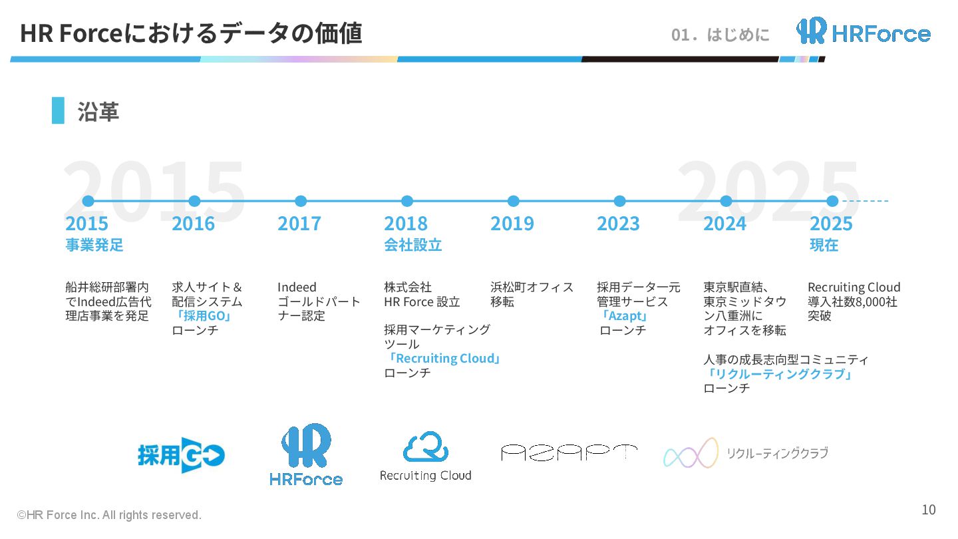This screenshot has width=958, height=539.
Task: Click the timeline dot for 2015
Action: [88, 201]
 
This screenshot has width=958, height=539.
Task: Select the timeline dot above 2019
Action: [513, 201]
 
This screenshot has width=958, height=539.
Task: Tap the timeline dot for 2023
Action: [619, 201]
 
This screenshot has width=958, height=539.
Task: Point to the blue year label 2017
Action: [299, 224]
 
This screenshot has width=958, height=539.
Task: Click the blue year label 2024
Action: [724, 224]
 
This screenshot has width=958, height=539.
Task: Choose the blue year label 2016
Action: [193, 224]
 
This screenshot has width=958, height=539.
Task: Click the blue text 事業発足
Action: [94, 245]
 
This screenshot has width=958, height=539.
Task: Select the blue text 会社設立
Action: [412, 245]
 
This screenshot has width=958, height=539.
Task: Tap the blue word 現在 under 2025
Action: [824, 245]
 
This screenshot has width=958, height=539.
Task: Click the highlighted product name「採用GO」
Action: [202, 316]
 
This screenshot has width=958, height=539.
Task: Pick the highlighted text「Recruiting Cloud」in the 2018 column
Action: [444, 359]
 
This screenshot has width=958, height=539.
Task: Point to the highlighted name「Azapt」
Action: [624, 316]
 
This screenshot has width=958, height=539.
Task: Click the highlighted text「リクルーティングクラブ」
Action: [779, 374]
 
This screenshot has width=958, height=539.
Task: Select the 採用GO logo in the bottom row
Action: [181, 455]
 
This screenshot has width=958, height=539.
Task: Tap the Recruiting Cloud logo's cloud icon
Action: [426, 447]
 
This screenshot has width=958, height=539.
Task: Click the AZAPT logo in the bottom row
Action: [569, 453]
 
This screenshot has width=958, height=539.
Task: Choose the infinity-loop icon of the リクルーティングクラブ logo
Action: [691, 453]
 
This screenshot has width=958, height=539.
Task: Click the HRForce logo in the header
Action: [863, 31]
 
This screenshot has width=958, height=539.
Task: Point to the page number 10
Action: [928, 510]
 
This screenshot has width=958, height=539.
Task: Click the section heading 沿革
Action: [98, 111]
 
